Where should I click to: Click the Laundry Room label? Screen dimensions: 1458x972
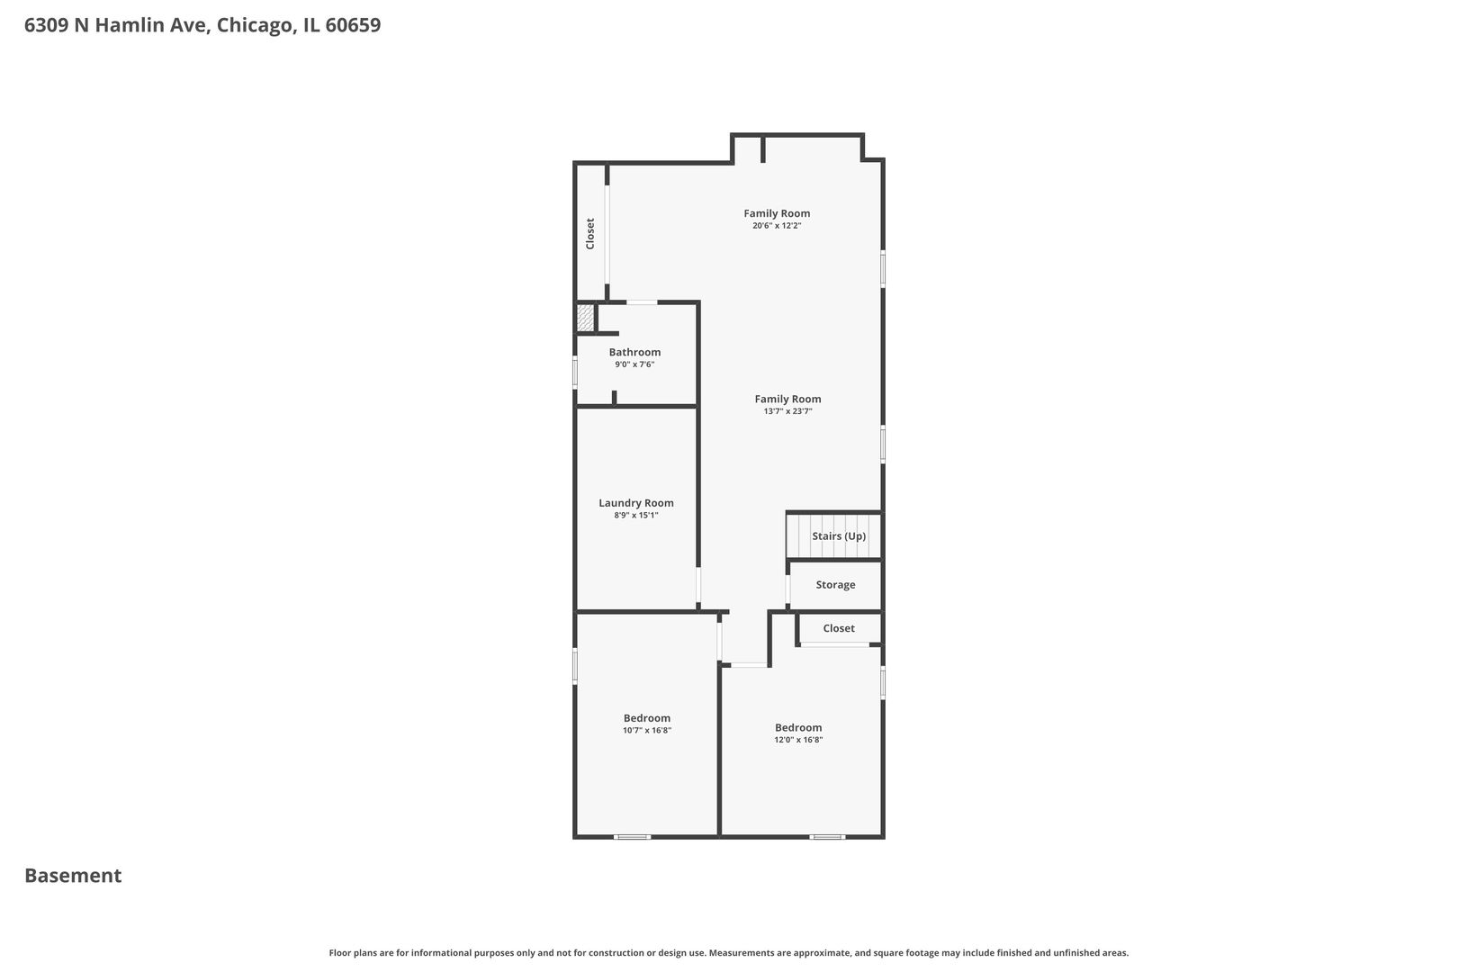(636, 502)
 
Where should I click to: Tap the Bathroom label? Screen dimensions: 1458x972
(634, 352)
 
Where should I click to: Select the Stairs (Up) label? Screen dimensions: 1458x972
(839, 535)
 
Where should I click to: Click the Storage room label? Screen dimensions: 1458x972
(835, 585)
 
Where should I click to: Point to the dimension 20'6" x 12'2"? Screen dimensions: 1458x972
(777, 226)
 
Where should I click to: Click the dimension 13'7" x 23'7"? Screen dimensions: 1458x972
(787, 411)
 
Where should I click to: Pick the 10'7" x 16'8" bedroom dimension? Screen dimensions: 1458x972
(647, 731)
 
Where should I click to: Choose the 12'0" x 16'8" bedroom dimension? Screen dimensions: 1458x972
(798, 740)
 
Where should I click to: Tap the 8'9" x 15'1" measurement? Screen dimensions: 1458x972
(636, 516)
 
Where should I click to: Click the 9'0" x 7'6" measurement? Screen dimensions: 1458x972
(634, 364)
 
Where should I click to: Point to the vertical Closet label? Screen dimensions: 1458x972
(589, 234)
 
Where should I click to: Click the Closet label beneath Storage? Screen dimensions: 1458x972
(839, 628)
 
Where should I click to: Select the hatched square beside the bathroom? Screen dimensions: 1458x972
(585, 318)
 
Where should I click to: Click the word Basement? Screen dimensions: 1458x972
(73, 876)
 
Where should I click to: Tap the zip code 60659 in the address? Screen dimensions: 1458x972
(353, 24)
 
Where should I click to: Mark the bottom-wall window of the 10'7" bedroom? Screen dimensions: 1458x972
(632, 837)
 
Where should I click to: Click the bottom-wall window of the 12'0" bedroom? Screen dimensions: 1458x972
(827, 837)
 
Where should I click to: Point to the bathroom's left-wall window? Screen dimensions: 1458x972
(575, 373)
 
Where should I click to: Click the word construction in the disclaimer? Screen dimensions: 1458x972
(612, 953)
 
